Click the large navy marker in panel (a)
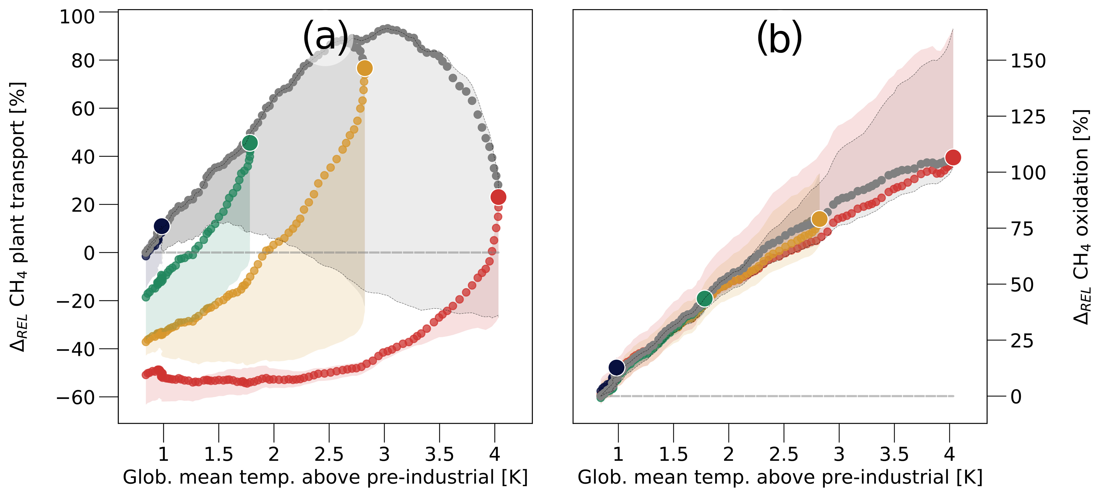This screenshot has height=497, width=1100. pyautogui.click(x=161, y=226)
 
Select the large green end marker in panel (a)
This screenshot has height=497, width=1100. pyautogui.click(x=250, y=143)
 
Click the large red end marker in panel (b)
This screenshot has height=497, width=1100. pyautogui.click(x=953, y=157)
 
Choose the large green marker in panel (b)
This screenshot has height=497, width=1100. pyautogui.click(x=705, y=299)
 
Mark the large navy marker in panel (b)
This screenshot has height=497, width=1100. pyautogui.click(x=616, y=367)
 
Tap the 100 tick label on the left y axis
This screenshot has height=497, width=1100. pyautogui.click(x=77, y=17)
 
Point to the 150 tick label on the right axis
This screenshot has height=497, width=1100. pyautogui.click(x=1028, y=61)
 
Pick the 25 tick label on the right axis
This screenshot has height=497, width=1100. pyautogui.click(x=1022, y=341)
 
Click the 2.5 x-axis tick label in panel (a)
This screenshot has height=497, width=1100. pyautogui.click(x=329, y=455)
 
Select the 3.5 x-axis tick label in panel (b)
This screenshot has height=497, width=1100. pyautogui.click(x=894, y=455)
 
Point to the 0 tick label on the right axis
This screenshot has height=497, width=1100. pyautogui.click(x=1016, y=397)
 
